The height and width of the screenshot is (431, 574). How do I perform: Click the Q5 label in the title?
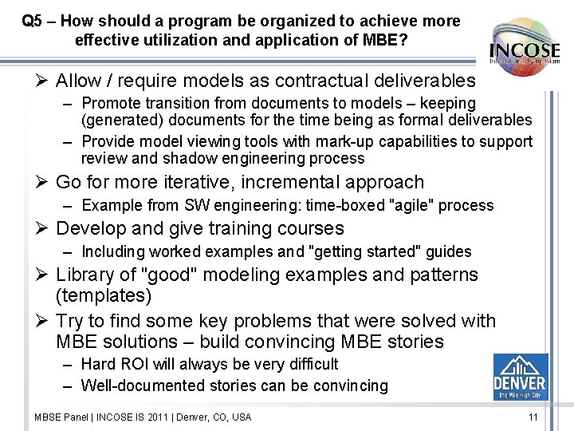(x=33, y=21)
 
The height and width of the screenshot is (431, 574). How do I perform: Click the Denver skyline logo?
(x=520, y=378)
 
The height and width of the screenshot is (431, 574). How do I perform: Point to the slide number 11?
(x=533, y=417)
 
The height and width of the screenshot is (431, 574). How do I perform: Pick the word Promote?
(x=109, y=103)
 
